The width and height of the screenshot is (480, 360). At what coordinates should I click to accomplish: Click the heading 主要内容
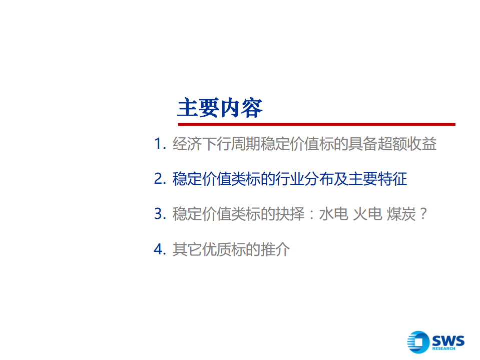(x=220, y=107)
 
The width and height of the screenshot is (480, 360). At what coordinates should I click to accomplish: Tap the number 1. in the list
(x=160, y=144)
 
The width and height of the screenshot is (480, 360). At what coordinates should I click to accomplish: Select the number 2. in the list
(x=160, y=179)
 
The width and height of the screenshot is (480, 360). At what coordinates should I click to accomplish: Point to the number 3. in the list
(x=160, y=214)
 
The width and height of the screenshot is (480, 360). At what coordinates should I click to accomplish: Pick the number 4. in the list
(x=160, y=249)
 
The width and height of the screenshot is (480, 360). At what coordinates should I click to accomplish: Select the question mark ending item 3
(x=423, y=214)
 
